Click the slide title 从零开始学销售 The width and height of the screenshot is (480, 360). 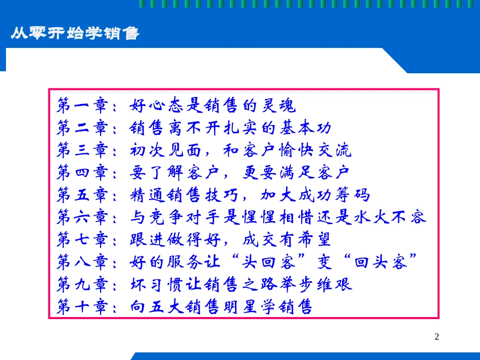[x=75, y=34]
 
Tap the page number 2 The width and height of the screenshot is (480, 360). [x=437, y=337]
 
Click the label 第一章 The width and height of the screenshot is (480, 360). [x=82, y=106]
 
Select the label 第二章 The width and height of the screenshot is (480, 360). [x=82, y=128]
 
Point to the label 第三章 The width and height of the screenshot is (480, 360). [x=82, y=150]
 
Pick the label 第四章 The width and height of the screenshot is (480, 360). [x=82, y=173]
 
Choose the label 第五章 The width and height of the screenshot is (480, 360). [x=82, y=195]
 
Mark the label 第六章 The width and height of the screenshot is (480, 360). [x=82, y=217]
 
